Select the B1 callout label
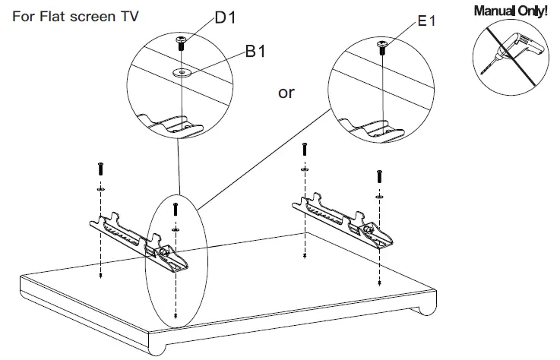tap(255, 53)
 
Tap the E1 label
tap(426, 21)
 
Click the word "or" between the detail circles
tap(286, 93)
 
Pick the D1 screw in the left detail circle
tap(182, 43)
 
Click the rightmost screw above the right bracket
tap(379, 176)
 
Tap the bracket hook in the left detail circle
tap(170, 122)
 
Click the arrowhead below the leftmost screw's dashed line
tap(100, 277)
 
